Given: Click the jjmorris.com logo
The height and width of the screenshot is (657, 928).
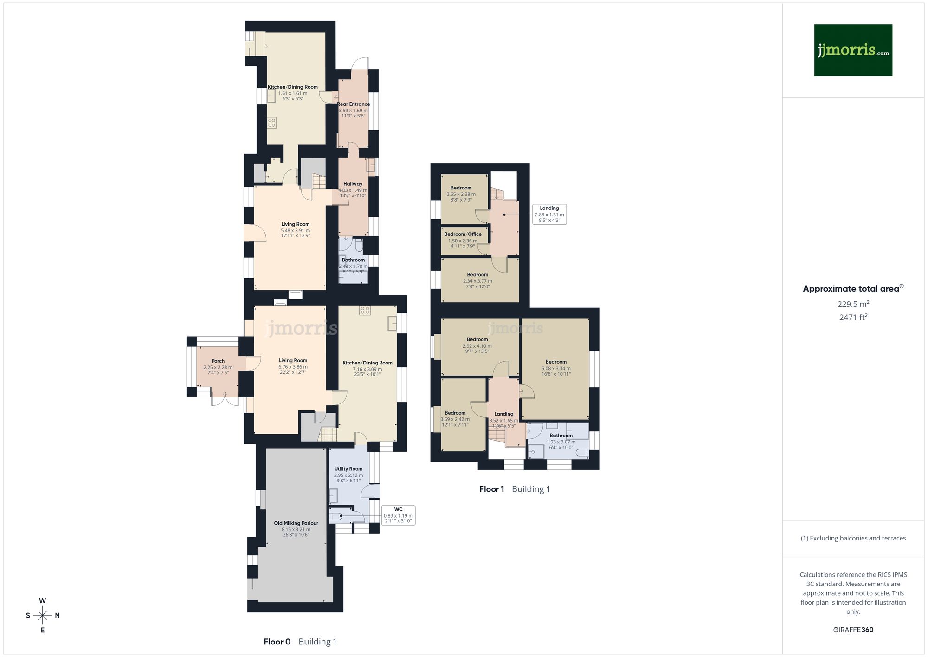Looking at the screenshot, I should point(853,50).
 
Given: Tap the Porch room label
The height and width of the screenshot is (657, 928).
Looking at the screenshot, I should point(218,361).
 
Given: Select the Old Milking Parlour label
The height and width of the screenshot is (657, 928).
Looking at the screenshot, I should point(296,523).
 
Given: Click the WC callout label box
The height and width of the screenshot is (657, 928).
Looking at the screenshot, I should point(398,515).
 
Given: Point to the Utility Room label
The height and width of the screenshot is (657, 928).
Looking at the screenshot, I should point(348,469).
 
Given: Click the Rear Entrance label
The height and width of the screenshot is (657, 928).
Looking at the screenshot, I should point(354,104).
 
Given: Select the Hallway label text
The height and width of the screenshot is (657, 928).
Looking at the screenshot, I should point(353,184).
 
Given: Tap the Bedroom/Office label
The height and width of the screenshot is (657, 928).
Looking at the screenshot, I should point(463,234).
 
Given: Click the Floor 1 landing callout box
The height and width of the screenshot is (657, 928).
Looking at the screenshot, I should point(549,215).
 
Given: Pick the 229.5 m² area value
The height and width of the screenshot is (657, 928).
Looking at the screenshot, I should point(853,304).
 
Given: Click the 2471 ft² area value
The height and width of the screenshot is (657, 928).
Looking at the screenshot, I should point(853,318).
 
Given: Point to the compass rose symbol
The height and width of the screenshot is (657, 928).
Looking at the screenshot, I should point(43,616).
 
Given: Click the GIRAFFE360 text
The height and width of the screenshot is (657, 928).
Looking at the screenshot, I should point(853,630).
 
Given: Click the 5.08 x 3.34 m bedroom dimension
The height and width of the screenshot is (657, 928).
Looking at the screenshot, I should point(556,369).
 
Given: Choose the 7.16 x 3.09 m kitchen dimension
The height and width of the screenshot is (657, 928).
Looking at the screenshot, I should point(367,370).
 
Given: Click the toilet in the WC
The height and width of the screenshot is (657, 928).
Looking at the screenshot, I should point(336,516).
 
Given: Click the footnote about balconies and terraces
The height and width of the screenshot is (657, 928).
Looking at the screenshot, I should point(853,539).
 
